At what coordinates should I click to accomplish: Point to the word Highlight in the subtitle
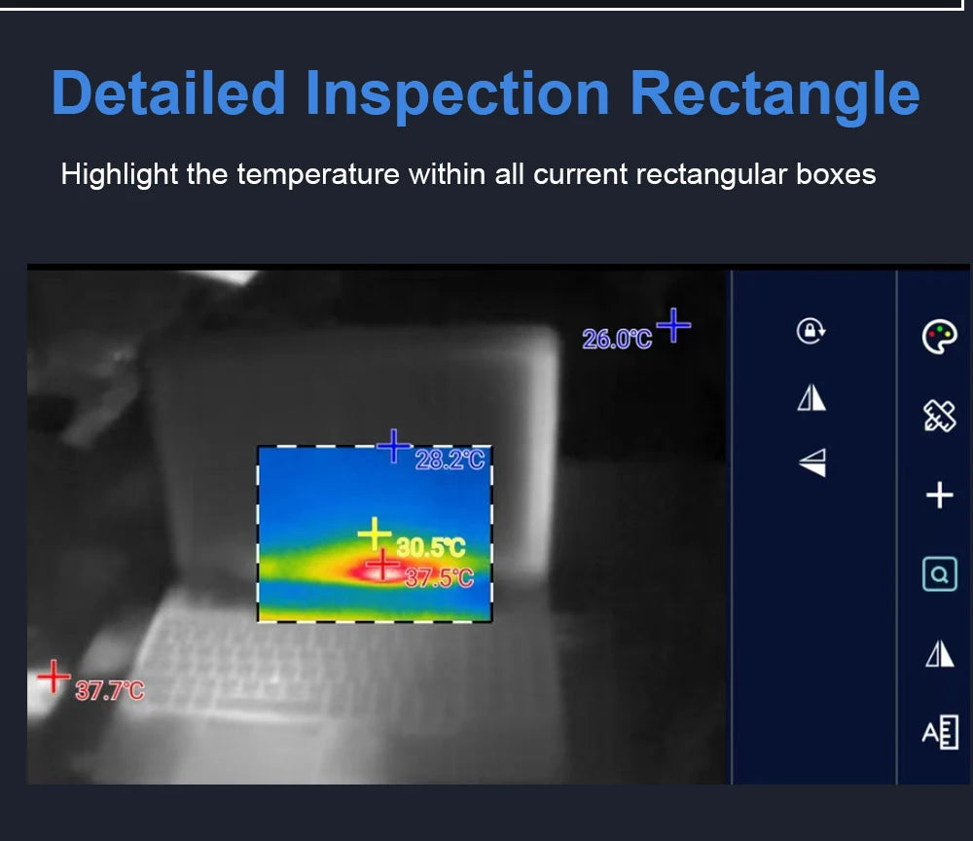[x=120, y=175]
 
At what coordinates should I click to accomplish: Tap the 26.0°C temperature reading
[x=617, y=340]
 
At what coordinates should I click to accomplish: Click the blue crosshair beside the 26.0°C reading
[x=673, y=325]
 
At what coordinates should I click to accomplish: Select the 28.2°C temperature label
[x=450, y=459]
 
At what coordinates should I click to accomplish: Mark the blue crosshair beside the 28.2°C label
[x=394, y=447]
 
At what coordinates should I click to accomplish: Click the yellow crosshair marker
[x=374, y=534]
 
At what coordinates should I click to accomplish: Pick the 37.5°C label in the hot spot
[x=438, y=578]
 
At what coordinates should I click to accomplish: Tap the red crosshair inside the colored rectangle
[x=383, y=564]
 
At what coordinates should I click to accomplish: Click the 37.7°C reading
[x=109, y=691]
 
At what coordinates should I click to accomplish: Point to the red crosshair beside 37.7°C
[x=54, y=676]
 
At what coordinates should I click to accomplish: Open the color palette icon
[x=939, y=337]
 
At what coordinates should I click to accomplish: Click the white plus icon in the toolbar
[x=939, y=496]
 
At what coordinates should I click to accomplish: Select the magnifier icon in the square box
[x=939, y=574]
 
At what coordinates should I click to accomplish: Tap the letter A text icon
[x=940, y=732]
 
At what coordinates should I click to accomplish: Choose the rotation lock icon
[x=811, y=331]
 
